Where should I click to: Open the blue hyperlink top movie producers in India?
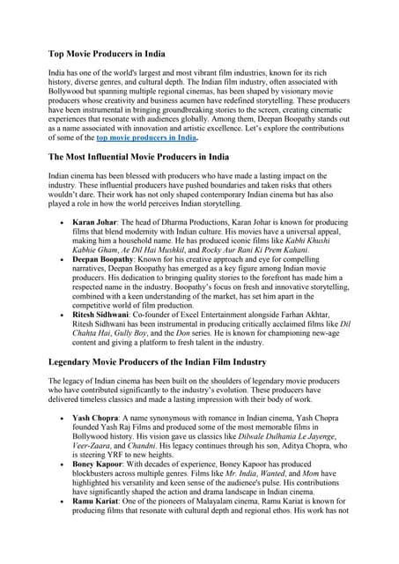pyautogui.click(x=146, y=137)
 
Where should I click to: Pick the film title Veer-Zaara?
pyautogui.click(x=92, y=450)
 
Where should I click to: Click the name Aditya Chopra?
pyautogui.click(x=327, y=450)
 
